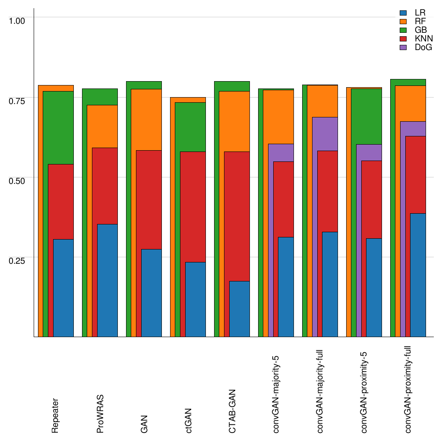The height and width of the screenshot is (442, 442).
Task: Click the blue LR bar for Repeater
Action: pos(63,288)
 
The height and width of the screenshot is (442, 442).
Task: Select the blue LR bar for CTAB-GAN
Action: pos(239,309)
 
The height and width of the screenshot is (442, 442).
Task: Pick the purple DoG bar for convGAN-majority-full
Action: pos(325,134)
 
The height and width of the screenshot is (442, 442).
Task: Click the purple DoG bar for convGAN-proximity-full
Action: pos(413,129)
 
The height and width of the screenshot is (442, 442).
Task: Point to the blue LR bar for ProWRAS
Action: pos(107,280)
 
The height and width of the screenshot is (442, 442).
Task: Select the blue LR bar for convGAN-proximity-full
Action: pos(418,275)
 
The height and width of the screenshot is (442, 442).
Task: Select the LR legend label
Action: pos(420,13)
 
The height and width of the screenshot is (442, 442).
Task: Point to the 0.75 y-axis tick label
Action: pos(18,100)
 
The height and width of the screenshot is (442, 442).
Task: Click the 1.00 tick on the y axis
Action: pos(18,20)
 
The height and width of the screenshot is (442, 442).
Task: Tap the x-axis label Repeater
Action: pos(55,415)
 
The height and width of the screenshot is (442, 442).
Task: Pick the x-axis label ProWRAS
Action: pos(100,414)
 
